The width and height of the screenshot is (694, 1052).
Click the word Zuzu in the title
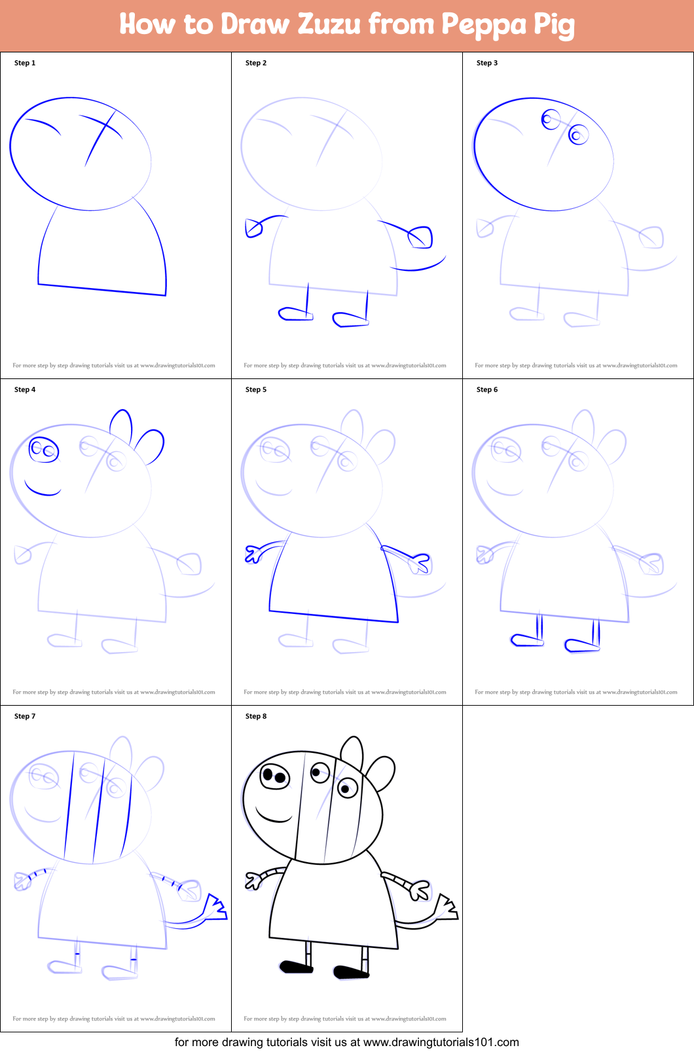click(329, 25)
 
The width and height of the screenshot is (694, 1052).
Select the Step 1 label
click(25, 63)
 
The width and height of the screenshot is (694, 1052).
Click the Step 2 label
click(256, 63)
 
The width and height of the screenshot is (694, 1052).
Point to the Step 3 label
click(487, 63)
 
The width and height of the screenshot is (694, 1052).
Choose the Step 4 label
click(25, 390)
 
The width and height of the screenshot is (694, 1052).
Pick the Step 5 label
click(256, 390)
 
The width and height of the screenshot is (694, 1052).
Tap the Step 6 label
click(487, 390)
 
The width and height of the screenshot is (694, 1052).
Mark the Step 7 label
click(25, 716)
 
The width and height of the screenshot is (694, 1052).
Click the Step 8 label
click(256, 716)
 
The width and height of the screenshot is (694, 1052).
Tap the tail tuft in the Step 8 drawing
click(448, 908)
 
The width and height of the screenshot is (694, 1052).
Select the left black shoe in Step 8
click(296, 966)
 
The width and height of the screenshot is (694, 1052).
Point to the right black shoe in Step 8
click(351, 972)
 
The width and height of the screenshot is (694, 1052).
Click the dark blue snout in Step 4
click(44, 450)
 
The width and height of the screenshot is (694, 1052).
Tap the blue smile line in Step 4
click(42, 490)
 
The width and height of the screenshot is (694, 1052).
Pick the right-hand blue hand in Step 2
click(421, 236)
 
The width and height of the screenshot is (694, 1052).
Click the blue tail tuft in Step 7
click(215, 907)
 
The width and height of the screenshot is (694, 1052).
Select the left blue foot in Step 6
click(526, 640)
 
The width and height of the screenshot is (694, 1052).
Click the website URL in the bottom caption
click(441, 1042)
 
